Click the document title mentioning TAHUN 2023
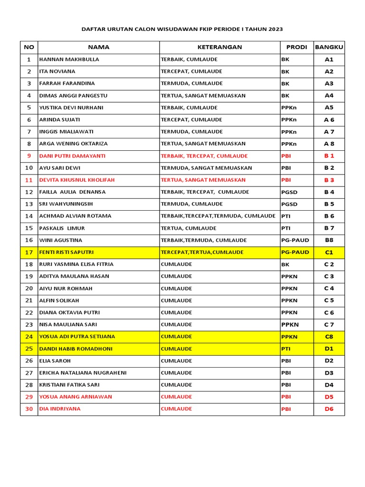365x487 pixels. (x=182, y=29)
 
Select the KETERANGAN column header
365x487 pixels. (x=220, y=47)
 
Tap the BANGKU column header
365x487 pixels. (x=329, y=47)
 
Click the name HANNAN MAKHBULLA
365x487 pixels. (x=69, y=59)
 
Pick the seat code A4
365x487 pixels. (x=329, y=96)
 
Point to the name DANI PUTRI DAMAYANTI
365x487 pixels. (x=72, y=156)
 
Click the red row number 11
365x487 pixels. (x=29, y=180)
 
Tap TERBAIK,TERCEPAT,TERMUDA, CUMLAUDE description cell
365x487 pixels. (x=218, y=216)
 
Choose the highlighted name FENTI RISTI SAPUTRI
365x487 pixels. (x=66, y=252)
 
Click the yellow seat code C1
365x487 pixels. (x=329, y=252)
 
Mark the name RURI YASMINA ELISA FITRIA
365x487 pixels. (x=77, y=264)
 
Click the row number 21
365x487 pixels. (x=29, y=300)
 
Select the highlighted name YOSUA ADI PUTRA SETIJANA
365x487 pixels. (x=77, y=336)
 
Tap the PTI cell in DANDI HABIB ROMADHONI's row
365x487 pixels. (x=286, y=349)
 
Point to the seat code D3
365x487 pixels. (x=329, y=372)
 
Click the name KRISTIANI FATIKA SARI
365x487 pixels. (x=70, y=385)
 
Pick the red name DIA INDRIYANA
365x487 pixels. (x=60, y=409)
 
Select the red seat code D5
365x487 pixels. (x=329, y=397)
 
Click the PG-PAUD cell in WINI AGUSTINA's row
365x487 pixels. (x=295, y=240)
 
